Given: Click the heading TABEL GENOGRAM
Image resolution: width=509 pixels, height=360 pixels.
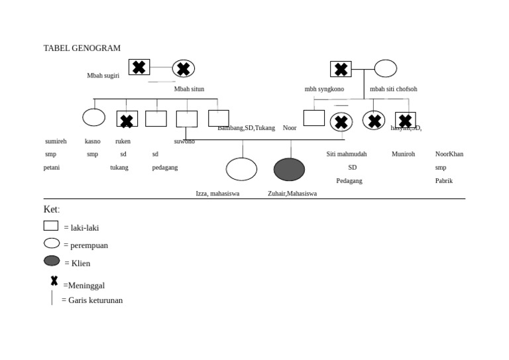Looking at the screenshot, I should (x=82, y=48).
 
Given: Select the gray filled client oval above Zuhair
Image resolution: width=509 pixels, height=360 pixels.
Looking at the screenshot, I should (x=289, y=170).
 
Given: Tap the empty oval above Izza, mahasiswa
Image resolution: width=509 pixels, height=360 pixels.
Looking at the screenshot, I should (x=241, y=169).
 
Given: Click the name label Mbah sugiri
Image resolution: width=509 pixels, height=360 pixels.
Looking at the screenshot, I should (x=103, y=76).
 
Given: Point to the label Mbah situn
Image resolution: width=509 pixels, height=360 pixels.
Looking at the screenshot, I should (x=189, y=89).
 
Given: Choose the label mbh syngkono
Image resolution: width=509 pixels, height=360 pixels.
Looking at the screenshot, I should (x=324, y=89).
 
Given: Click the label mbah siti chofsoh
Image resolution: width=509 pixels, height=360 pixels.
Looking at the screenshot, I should (x=393, y=89).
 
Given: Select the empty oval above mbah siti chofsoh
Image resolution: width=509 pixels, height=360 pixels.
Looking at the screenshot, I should (x=385, y=68).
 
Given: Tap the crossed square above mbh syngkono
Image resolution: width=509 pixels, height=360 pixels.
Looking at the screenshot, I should (x=341, y=69).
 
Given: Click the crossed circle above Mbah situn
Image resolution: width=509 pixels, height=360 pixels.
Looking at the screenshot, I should (x=184, y=68).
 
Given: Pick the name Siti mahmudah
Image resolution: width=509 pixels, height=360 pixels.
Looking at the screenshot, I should (x=346, y=154).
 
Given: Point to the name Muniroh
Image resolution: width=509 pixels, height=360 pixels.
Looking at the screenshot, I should (x=403, y=154).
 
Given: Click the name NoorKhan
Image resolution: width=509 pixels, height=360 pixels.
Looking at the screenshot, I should (x=449, y=154).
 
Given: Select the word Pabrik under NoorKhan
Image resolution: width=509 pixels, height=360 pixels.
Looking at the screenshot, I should (x=444, y=180).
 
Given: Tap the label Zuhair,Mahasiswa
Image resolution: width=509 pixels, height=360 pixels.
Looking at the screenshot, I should (x=292, y=194).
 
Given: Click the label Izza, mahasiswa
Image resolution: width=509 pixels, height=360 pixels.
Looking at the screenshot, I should (x=217, y=194).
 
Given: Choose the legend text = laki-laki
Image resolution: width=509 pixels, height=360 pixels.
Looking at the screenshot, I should (x=82, y=228).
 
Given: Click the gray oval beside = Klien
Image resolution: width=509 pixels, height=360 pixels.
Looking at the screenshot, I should (x=52, y=261).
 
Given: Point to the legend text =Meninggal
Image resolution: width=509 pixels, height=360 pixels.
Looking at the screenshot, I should (x=84, y=286).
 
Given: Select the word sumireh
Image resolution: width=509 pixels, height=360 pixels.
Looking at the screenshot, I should (x=56, y=141).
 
